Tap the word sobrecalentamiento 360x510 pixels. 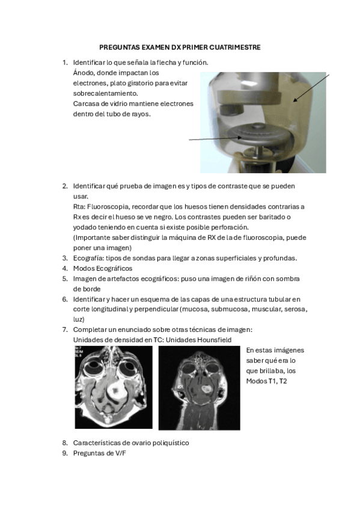pos(106,93)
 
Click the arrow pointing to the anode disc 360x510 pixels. pos(215,138)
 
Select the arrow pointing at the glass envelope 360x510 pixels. pos(311,88)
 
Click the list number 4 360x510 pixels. pos(65,268)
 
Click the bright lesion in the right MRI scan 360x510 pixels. pos(206,388)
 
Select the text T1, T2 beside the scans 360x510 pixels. pos(278,381)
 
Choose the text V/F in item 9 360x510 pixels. pos(120,453)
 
